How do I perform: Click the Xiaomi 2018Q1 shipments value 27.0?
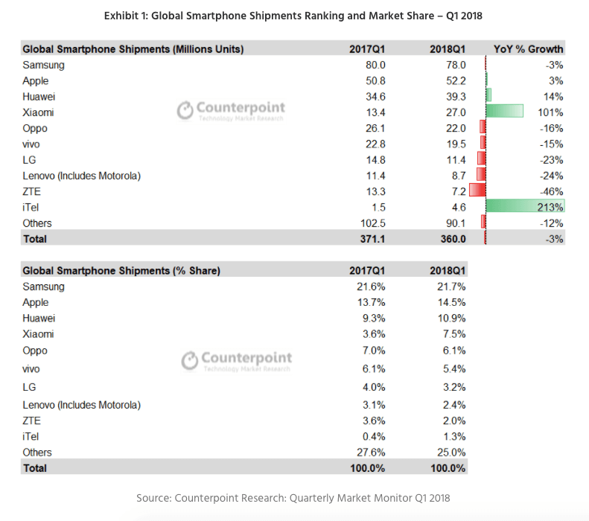[455, 112]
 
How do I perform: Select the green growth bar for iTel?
[525, 207]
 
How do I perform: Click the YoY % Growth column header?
[529, 49]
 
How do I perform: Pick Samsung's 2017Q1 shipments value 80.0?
[374, 65]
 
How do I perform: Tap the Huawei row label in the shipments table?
[39, 97]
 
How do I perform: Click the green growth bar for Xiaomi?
[505, 112]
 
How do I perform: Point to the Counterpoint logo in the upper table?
[231, 111]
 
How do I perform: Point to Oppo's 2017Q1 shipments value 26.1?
[374, 128]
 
